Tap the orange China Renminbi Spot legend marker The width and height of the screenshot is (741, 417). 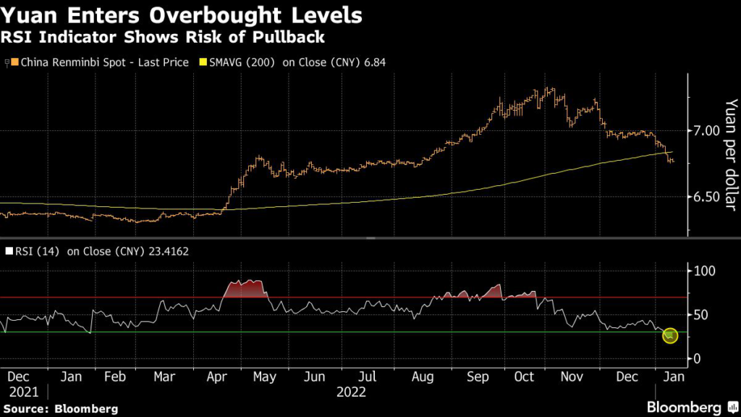pos(14,63)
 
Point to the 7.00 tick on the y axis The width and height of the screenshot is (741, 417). pos(706,131)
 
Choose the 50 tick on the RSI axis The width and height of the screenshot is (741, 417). pos(701,315)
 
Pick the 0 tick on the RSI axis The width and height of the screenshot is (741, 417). pos(698,359)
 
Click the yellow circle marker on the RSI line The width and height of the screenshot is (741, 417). pos(670,336)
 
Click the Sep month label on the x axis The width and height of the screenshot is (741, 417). pos(478,377)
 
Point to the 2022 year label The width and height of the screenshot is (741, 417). pos(351,392)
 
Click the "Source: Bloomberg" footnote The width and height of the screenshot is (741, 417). pos(59,409)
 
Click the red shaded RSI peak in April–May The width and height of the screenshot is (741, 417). pos(244,287)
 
